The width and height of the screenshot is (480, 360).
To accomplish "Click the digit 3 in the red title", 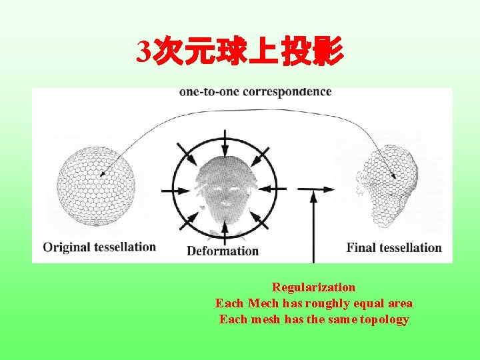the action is click(145, 52).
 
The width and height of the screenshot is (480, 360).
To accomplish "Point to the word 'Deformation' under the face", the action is click(223, 251).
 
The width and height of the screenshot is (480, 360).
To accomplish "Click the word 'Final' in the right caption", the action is click(361, 248).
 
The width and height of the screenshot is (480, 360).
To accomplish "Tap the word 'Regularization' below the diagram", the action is click(313, 287).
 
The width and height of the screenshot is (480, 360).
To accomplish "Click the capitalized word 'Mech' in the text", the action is click(264, 303).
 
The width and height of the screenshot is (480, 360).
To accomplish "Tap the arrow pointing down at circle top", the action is click(225, 142).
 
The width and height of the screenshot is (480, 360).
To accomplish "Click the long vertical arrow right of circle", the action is click(313, 227).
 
